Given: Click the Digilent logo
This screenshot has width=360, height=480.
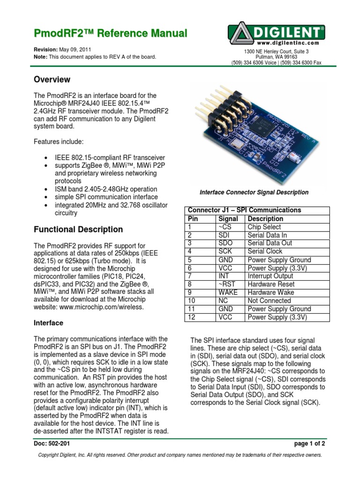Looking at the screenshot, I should (x=277, y=34).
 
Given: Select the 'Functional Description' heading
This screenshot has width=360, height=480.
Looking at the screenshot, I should (x=79, y=229).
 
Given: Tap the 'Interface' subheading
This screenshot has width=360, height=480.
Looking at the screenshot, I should (x=49, y=323).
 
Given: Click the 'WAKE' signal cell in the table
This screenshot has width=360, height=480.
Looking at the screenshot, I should (x=228, y=292).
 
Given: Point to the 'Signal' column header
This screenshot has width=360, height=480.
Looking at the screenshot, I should (x=228, y=218).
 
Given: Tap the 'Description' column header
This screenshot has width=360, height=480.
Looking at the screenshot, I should (x=265, y=218).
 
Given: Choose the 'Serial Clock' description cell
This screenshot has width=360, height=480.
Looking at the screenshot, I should (x=265, y=251).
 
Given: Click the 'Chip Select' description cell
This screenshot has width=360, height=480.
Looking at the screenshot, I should (x=265, y=227).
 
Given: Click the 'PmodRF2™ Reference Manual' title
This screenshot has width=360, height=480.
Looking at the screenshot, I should (x=111, y=33).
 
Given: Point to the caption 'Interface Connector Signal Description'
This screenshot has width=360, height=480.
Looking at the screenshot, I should (x=254, y=192).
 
